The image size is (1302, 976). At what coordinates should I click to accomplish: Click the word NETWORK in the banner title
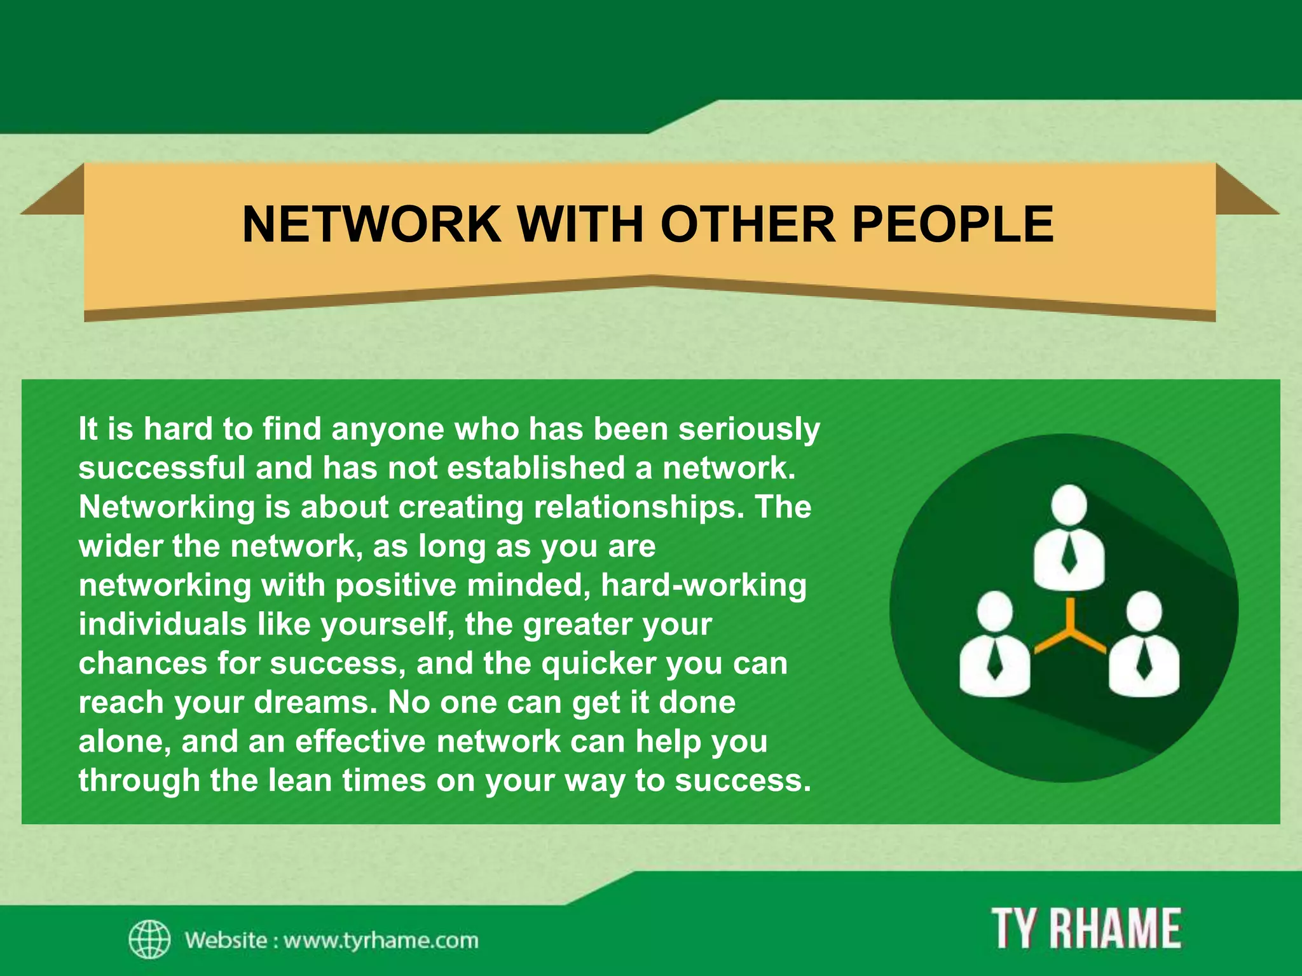371,224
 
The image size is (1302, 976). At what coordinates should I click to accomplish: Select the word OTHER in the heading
747,224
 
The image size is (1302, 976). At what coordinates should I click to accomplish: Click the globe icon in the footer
149,939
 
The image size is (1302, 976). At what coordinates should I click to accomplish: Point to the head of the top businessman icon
1069,505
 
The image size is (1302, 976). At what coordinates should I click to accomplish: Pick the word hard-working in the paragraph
704,585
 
